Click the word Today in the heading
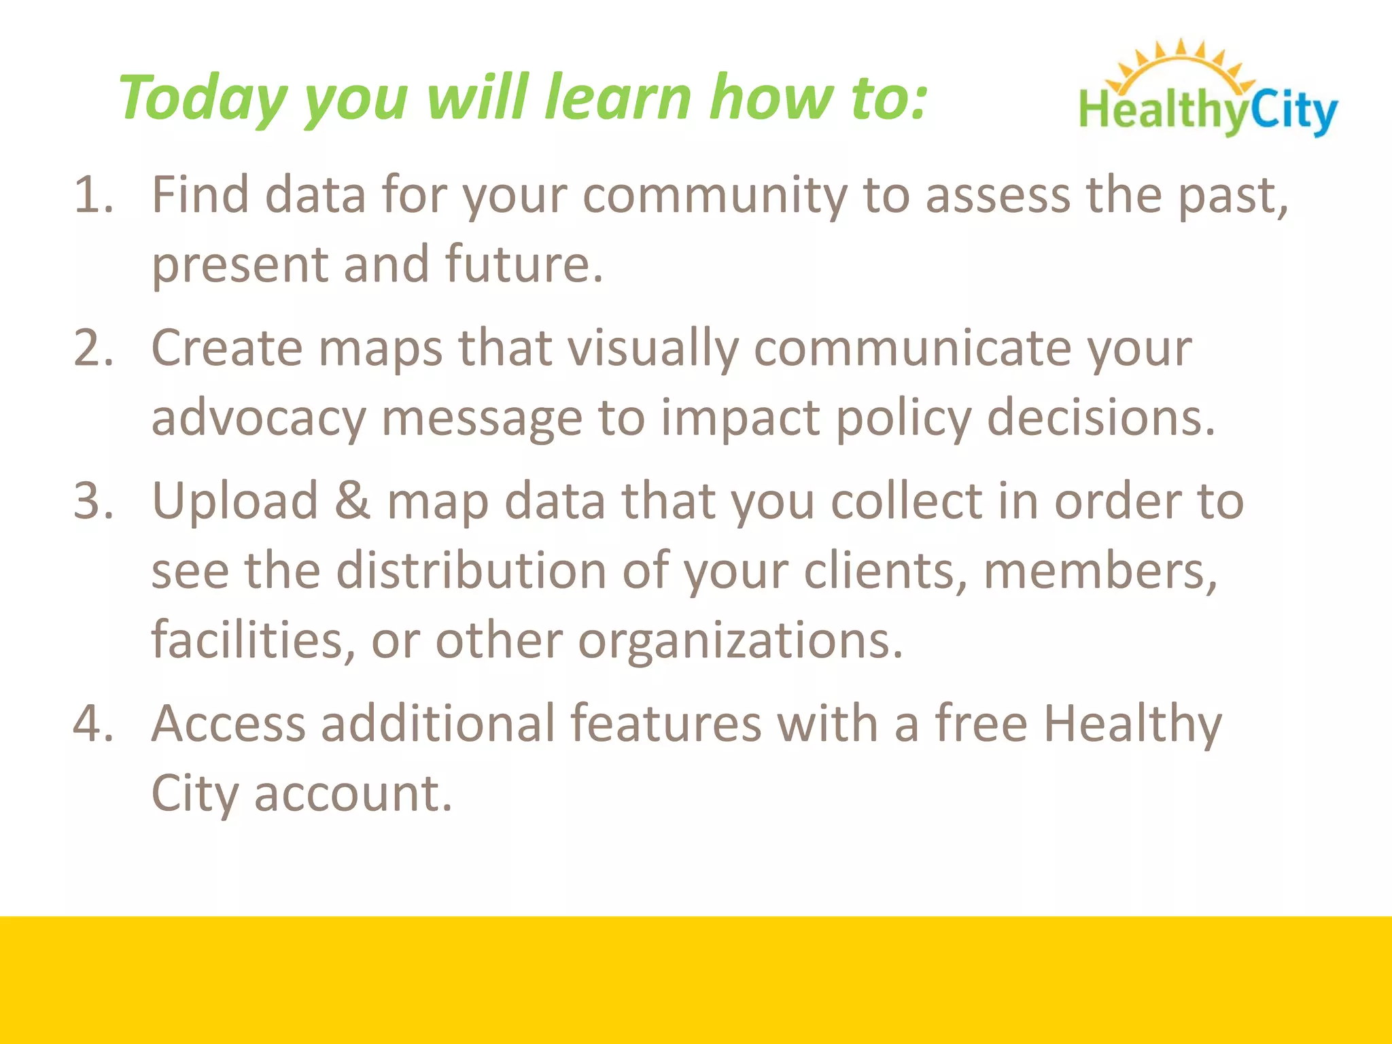(203, 99)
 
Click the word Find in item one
(200, 196)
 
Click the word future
(523, 264)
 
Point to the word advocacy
(258, 419)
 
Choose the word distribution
(471, 571)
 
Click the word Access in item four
(228, 723)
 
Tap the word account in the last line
(353, 793)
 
